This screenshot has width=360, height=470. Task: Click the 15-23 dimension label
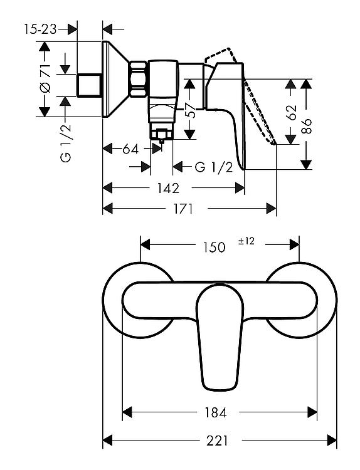pyautogui.click(x=40, y=29)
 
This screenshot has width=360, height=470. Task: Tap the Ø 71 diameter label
pyautogui.click(x=45, y=78)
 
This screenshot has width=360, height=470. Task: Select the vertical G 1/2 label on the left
pyautogui.click(x=66, y=143)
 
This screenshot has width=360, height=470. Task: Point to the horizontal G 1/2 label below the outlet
pyautogui.click(x=214, y=167)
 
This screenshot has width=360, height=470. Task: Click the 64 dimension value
pyautogui.click(x=130, y=149)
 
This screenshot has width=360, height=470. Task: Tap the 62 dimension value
pyautogui.click(x=290, y=112)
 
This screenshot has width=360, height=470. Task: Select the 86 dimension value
pyautogui.click(x=306, y=126)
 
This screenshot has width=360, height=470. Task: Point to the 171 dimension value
pyautogui.click(x=183, y=209)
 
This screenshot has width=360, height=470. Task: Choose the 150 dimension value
pyautogui.click(x=214, y=248)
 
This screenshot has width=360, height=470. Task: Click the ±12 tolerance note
pyautogui.click(x=246, y=241)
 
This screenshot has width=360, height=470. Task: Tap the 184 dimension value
pyautogui.click(x=215, y=413)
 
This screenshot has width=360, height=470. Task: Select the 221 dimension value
pyautogui.click(x=217, y=441)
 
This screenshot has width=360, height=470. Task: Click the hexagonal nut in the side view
pyautogui.click(x=139, y=79)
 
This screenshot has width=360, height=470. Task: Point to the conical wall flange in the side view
pyautogui.click(x=116, y=79)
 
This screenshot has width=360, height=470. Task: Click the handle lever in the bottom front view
pyautogui.click(x=220, y=337)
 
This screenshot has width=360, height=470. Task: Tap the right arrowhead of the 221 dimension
pyautogui.click(x=332, y=441)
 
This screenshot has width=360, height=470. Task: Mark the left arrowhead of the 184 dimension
pyautogui.click(x=127, y=412)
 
